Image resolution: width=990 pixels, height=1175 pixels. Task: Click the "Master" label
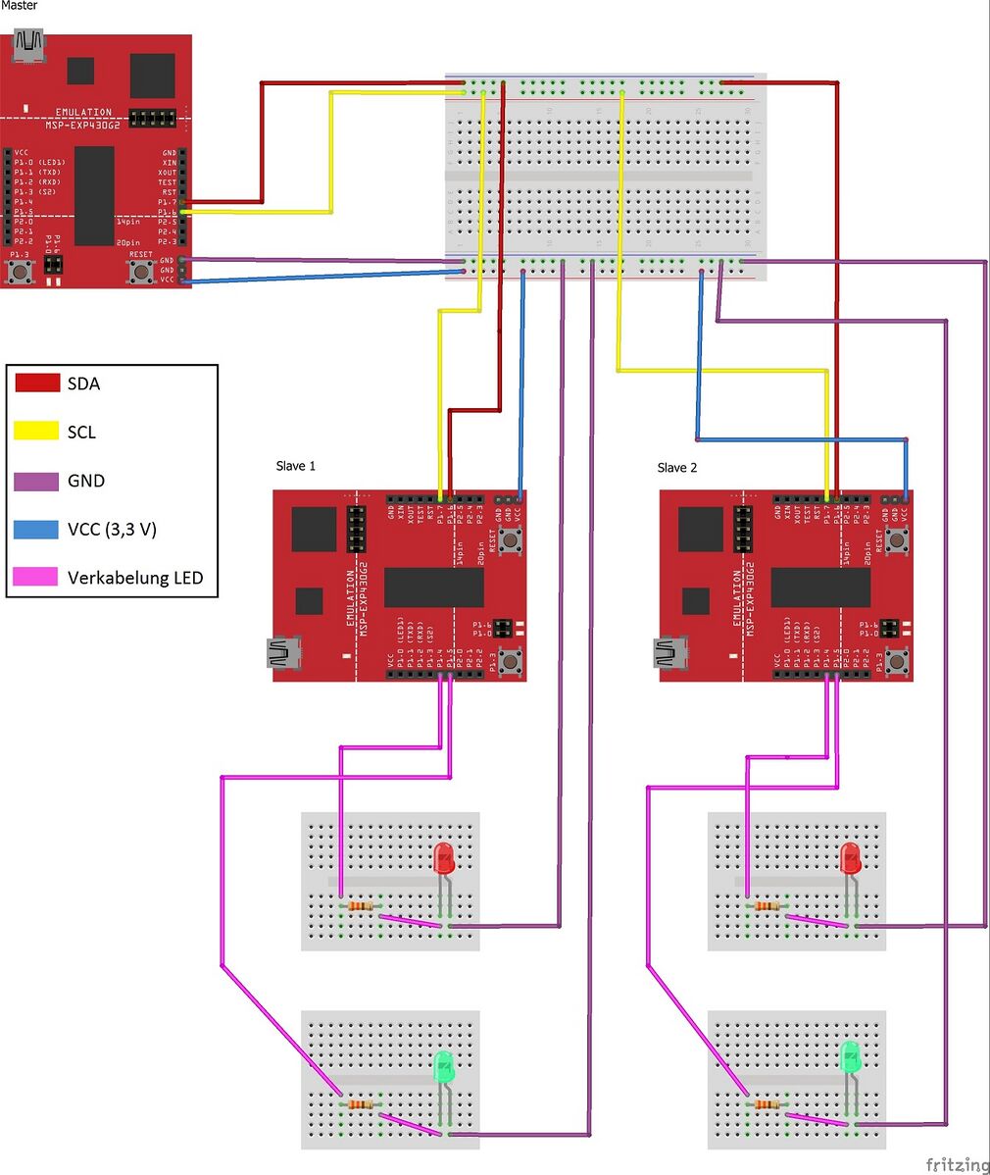coord(20,6)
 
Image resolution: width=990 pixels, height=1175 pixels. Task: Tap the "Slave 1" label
coord(296,466)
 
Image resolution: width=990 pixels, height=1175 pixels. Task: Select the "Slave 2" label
coord(677,468)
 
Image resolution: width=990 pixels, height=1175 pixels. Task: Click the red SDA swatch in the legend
coord(38,383)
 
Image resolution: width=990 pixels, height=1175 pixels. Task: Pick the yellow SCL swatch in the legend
coord(38,432)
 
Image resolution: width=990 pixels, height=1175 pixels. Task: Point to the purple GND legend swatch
coord(38,481)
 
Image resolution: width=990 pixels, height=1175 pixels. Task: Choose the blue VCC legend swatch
coord(38,530)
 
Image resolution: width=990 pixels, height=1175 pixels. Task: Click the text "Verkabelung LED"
coord(135,578)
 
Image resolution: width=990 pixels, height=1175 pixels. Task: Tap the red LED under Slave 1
coord(443,858)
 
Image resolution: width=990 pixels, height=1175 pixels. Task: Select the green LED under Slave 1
coord(443,1065)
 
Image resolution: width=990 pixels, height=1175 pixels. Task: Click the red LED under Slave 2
coord(851,858)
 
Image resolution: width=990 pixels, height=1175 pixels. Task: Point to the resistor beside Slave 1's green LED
coord(362,1105)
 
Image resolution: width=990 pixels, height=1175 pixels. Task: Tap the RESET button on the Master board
coord(141,270)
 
